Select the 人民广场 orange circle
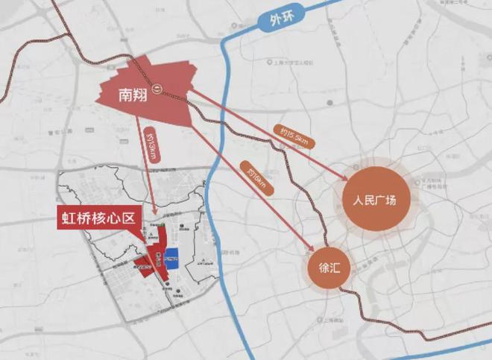377,201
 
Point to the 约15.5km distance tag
295,136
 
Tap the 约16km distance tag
253,179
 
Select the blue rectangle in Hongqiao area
171,258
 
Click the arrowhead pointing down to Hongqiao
154,212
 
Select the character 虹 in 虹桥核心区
69,219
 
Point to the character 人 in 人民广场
358,201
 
